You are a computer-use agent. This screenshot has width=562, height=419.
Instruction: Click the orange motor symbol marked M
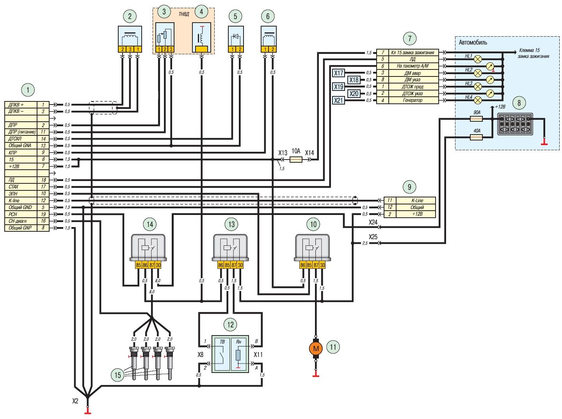pos(316,348)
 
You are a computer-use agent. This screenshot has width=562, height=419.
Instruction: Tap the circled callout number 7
pos(410,38)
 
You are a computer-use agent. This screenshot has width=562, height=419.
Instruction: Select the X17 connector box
pos(338,73)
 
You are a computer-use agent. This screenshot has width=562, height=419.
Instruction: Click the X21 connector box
pos(338,100)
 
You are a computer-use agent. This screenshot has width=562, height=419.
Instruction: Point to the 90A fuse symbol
pos(477,119)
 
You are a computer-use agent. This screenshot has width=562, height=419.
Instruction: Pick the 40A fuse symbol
pos(477,138)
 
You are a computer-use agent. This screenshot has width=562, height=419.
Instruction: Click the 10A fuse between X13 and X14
pos(296,160)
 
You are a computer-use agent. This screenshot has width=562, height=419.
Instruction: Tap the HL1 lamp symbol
pos(478,59)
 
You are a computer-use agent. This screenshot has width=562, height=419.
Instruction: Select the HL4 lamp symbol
pos(478,100)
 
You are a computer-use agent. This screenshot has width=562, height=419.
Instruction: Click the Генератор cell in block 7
pos(413,100)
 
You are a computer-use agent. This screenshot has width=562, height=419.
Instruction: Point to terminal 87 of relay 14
pos(152,265)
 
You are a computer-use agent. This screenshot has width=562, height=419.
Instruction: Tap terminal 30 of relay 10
pos(322,265)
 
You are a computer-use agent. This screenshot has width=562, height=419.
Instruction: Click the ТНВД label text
pos(183,14)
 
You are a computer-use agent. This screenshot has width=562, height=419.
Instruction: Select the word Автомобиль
pos(473,43)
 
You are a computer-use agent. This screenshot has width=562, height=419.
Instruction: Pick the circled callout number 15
pos(117,375)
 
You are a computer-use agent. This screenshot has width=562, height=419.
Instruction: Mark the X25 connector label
pos(373,237)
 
